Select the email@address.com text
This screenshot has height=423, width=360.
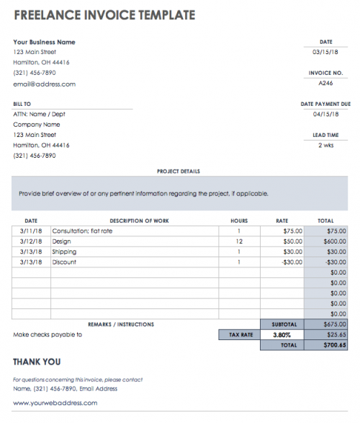point(44,84)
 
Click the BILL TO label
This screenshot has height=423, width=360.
point(23,104)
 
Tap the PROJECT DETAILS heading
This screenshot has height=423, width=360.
point(178,172)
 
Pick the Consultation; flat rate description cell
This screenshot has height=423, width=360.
point(83,231)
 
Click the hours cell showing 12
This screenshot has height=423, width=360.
point(238,241)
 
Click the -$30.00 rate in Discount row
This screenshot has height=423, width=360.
point(291,262)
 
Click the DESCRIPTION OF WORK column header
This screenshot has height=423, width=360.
point(139,221)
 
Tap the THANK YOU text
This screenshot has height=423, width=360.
point(37,362)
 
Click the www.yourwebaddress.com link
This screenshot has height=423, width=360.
point(55,403)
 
